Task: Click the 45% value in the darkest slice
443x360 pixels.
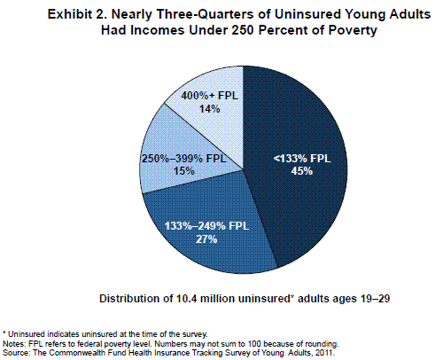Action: pos(301,171)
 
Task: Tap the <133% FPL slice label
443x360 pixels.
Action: pos(302,159)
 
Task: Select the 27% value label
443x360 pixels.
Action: pos(206,239)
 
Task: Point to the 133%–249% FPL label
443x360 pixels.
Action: pos(206,226)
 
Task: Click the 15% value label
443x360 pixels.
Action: pos(184,171)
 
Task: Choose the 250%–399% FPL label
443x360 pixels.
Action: pos(184,159)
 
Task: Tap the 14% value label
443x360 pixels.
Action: pos(209,109)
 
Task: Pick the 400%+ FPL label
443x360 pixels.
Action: pos(209,96)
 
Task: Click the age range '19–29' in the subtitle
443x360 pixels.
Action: pos(375,299)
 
